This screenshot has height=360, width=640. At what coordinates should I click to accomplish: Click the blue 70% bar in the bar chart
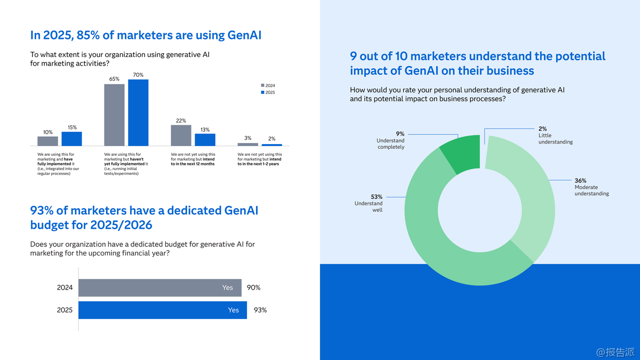click(138, 113)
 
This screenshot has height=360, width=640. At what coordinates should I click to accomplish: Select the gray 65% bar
click(114, 115)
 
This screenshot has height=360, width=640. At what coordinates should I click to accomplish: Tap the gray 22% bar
click(181, 135)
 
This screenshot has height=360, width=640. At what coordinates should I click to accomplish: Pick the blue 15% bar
click(71, 139)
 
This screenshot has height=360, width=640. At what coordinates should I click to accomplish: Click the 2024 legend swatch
click(262, 86)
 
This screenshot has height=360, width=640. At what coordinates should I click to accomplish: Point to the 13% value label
click(205, 130)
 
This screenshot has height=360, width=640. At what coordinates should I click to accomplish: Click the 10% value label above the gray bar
click(47, 132)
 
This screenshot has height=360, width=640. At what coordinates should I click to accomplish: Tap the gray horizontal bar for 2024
click(159, 287)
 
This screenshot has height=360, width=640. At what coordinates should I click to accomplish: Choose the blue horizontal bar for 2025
click(162, 310)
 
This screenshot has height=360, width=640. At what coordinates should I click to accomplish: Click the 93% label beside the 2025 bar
click(260, 310)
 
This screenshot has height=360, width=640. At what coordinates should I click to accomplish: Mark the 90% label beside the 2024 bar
click(254, 287)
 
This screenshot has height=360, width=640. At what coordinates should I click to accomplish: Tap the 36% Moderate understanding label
click(591, 187)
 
